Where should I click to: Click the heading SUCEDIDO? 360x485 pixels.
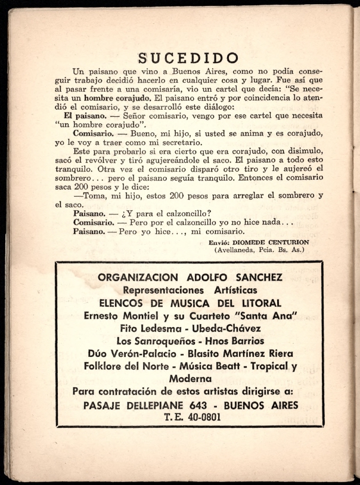tap(188, 58)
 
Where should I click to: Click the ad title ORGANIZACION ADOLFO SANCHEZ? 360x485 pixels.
tap(190, 277)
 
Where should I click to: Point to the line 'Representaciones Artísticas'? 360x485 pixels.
tap(190, 290)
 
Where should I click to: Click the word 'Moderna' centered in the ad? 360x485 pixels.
tap(190, 378)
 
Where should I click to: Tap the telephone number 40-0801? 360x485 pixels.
tap(201, 417)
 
